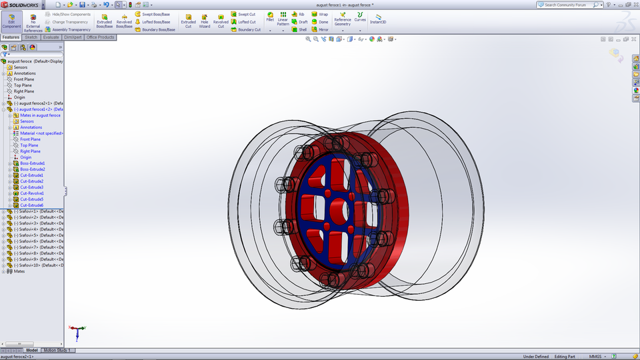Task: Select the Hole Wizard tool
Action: (204, 21)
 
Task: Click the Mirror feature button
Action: (320, 29)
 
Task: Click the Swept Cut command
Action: (243, 14)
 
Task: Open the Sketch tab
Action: (31, 37)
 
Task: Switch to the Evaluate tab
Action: (51, 37)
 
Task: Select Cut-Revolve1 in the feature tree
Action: (31, 193)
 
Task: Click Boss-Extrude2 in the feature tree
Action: (32, 169)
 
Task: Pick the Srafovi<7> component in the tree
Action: (37, 247)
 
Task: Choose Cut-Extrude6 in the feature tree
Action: (31, 205)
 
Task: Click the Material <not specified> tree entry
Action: (40, 133)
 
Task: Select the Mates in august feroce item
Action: (40, 115)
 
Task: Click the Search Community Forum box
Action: (567, 5)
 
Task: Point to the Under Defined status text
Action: (536, 357)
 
